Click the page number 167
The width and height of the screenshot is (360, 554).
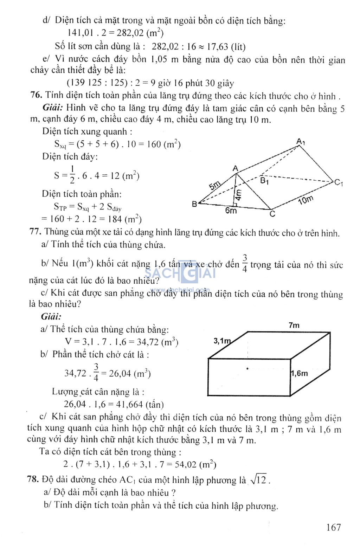click(x=333, y=527)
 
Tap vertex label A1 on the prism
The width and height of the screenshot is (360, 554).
click(x=301, y=142)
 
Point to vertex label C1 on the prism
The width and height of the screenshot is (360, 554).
click(x=339, y=182)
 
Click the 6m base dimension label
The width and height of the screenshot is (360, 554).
click(x=231, y=210)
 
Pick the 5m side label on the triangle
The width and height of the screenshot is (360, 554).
click(x=214, y=185)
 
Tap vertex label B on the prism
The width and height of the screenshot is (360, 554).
click(x=194, y=204)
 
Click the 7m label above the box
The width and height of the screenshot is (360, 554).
click(x=294, y=325)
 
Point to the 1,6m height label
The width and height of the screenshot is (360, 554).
click(x=299, y=373)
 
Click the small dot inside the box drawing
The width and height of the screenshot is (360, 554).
click(x=247, y=368)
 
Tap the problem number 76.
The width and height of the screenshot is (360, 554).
click(x=36, y=95)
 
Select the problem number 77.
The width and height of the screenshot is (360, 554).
click(x=36, y=232)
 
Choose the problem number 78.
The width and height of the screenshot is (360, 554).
click(x=33, y=479)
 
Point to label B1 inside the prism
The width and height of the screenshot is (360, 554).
click(x=264, y=181)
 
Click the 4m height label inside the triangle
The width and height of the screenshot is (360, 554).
click(x=238, y=194)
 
